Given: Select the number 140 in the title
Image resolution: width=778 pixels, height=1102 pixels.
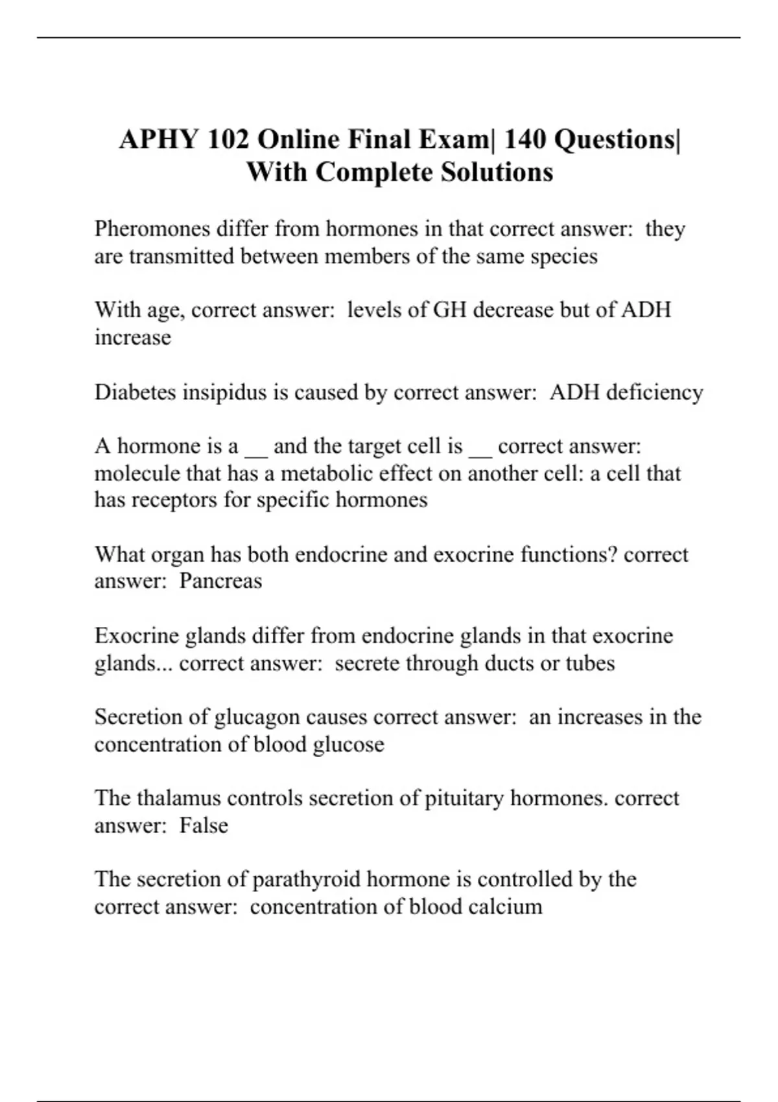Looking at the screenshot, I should [525, 139].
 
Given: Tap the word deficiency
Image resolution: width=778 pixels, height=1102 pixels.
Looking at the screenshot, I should [655, 392].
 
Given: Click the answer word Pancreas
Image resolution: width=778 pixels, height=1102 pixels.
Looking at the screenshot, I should [220, 581].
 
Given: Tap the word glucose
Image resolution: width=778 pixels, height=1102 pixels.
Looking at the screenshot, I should [348, 744].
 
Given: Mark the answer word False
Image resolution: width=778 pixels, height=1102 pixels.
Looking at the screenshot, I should [204, 825].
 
